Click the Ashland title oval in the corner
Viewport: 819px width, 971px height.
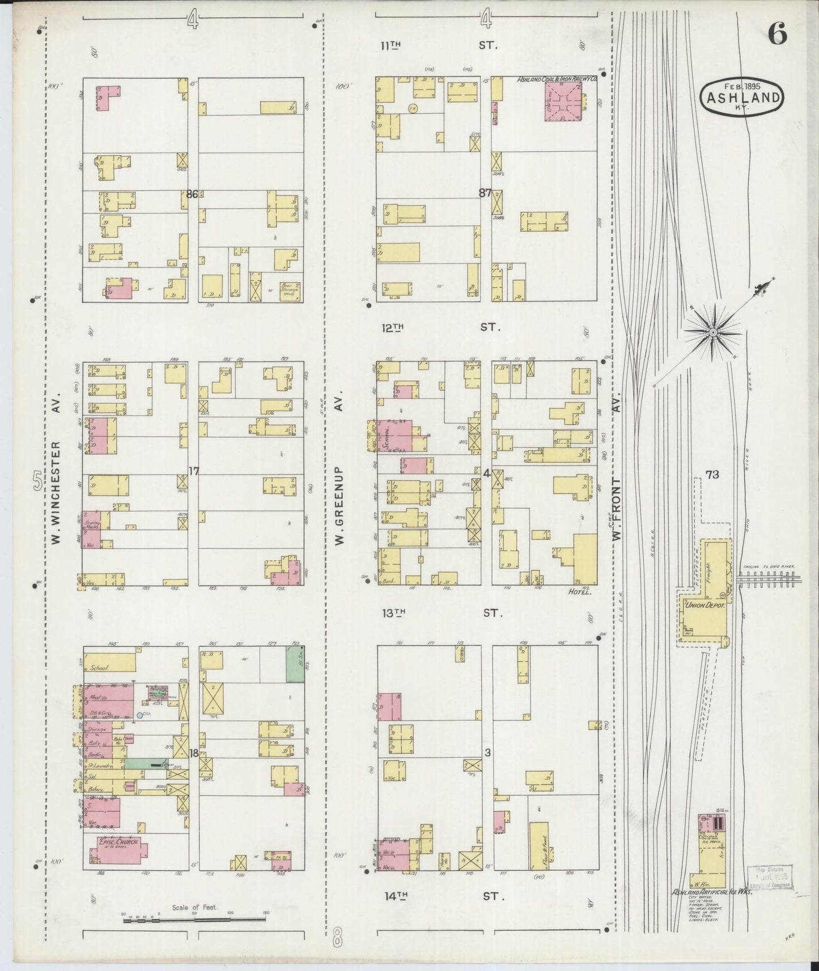tap(742, 97)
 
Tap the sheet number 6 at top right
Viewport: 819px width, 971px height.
tap(777, 35)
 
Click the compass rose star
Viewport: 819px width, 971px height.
tap(712, 331)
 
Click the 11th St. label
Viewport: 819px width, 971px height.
tap(439, 45)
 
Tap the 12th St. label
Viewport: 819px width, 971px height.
tap(439, 327)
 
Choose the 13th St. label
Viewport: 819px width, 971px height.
tap(439, 612)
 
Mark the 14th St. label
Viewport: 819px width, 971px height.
tap(439, 896)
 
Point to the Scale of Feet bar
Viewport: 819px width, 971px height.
tap(195, 921)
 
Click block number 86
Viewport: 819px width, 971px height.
tap(192, 194)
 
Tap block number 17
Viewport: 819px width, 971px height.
tap(193, 471)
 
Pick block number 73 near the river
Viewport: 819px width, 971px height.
tap(712, 475)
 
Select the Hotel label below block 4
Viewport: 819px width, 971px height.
tap(578, 591)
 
